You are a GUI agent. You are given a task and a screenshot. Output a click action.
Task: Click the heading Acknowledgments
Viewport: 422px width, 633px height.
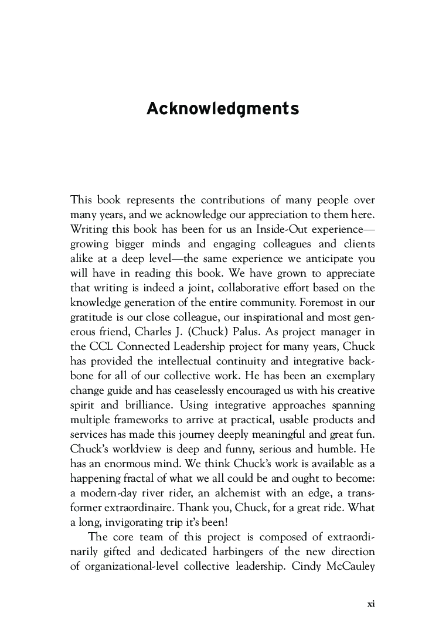(x=223, y=110)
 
